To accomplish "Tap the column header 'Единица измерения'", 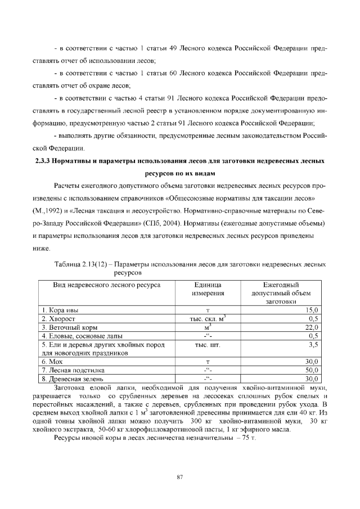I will [x=207, y=289].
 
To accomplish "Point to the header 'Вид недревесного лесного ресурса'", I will [x=107, y=285].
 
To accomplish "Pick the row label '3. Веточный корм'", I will [x=68, y=327].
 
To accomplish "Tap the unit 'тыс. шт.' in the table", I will [x=207, y=344].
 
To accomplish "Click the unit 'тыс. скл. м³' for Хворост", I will [x=207, y=318].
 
